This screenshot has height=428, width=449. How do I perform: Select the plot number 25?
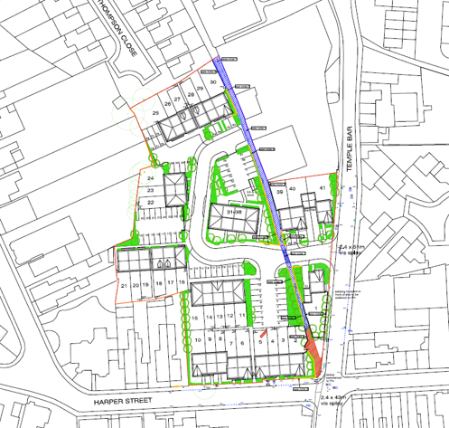[x=156, y=113]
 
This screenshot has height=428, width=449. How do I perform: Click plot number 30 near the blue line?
[x=212, y=82]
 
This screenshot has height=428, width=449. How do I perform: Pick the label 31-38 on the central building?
[x=234, y=210]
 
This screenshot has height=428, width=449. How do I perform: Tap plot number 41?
[x=321, y=187]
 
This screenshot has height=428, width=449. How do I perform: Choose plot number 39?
[x=281, y=192]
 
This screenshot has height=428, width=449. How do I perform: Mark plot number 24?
[x=150, y=180]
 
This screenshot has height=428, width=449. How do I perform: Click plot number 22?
[x=150, y=202]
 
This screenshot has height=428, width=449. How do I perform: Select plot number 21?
[x=123, y=285]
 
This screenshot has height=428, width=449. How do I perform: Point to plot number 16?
[x=182, y=283]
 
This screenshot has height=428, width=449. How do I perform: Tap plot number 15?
[x=195, y=318]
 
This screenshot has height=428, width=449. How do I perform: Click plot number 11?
[x=241, y=317]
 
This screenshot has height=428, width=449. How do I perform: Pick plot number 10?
[x=198, y=339]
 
